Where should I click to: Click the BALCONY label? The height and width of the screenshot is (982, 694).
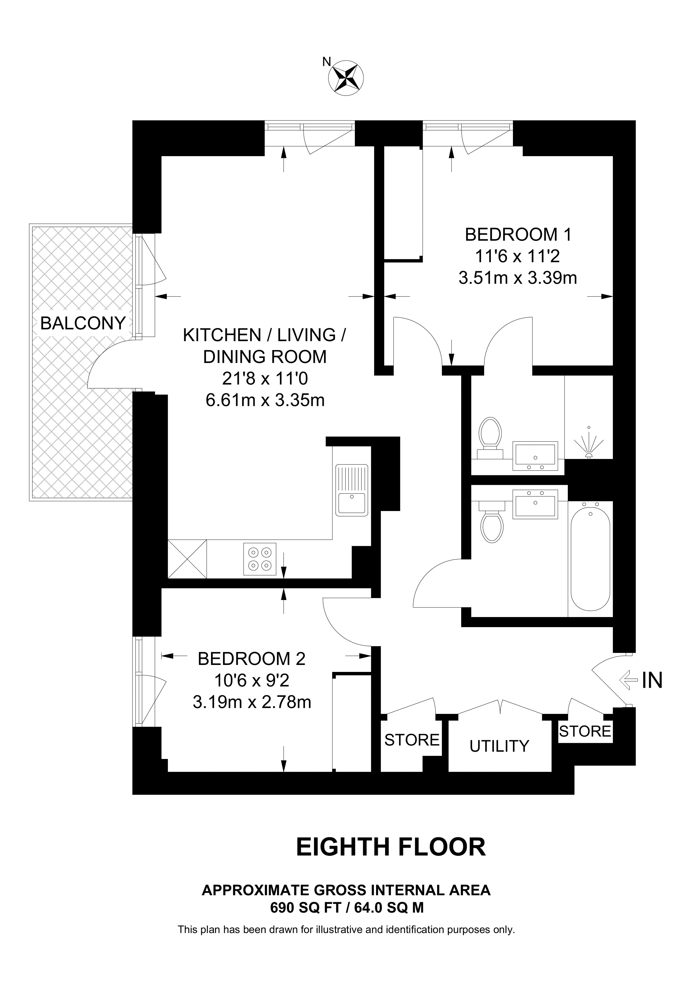coord(83,323)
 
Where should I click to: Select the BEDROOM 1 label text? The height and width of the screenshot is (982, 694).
coord(518,234)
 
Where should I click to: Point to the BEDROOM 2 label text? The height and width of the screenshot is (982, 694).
coord(251,659)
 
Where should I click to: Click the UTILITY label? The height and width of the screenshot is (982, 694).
coord(499,746)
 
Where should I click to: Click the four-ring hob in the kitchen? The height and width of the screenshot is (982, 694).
coord(260,559)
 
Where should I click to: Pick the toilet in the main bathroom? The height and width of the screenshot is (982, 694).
coord(492,524)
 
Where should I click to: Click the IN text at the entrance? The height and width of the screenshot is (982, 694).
coord(652,680)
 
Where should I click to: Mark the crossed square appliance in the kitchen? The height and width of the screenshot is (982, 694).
coord(187,559)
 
